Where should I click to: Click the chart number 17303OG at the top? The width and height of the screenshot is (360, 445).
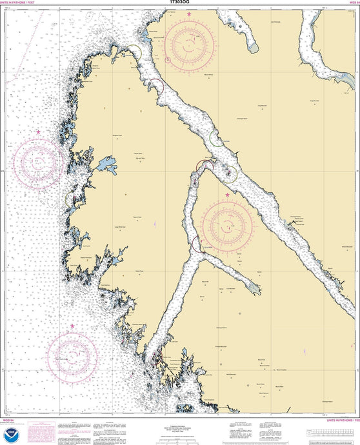(x=180, y=3)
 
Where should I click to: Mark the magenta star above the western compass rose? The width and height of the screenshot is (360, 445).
(x=38, y=132)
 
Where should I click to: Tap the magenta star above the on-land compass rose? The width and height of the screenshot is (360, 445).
(x=226, y=195)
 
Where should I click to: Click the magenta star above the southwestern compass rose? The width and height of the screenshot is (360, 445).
(x=72, y=326)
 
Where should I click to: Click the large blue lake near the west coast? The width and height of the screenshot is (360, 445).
(x=106, y=165)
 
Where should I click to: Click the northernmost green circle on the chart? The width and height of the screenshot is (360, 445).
(x=134, y=52)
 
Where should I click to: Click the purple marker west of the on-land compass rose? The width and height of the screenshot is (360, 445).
(x=155, y=224)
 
